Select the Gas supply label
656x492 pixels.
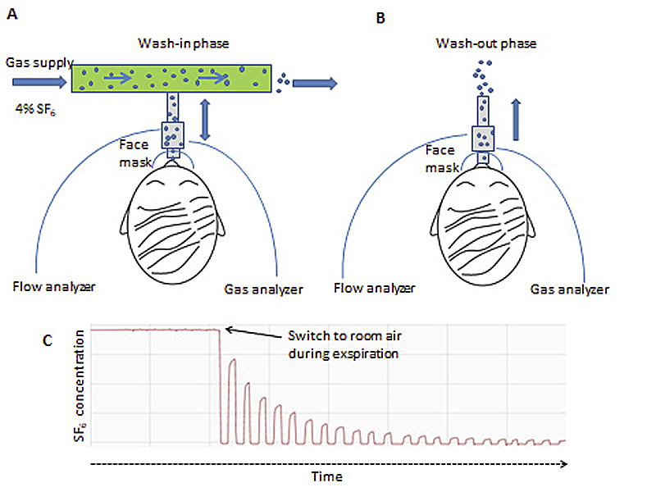[x=39, y=62]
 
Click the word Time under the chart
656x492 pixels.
[x=326, y=476]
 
